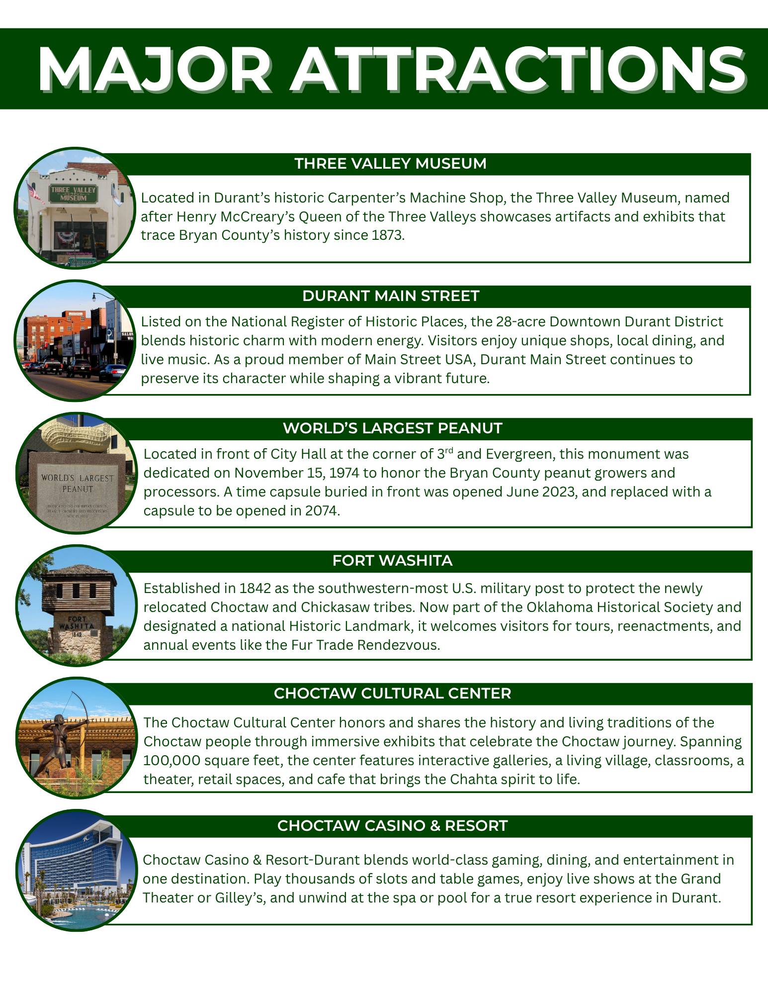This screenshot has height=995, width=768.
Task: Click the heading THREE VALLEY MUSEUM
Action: click(x=390, y=164)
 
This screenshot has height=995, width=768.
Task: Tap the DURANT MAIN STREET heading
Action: click(x=390, y=296)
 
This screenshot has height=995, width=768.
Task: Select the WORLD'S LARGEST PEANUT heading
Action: click(x=392, y=428)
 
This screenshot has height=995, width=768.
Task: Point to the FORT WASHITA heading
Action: click(x=392, y=561)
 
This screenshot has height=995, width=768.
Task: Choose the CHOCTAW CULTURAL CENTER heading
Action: click(x=392, y=694)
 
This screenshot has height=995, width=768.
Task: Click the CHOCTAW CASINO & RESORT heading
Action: click(x=392, y=826)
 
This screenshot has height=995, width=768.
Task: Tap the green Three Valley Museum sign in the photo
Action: click(x=73, y=194)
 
